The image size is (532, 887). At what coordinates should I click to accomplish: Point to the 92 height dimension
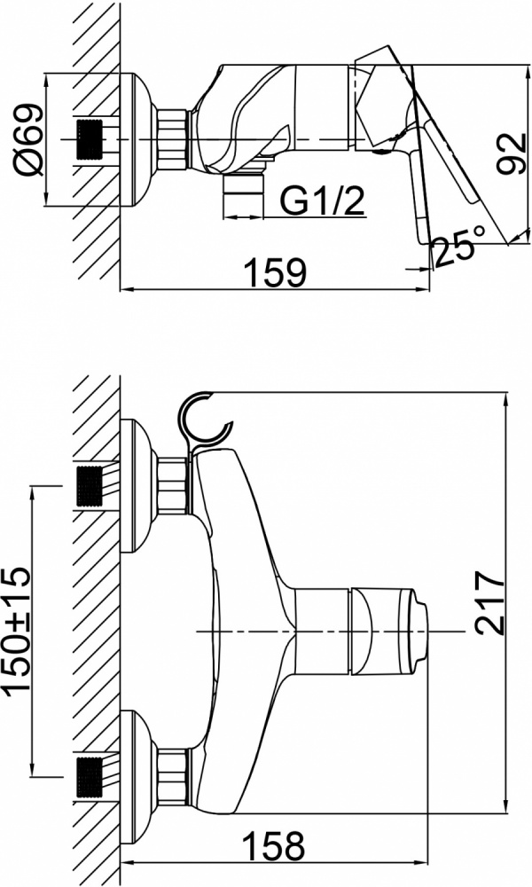tap(511, 153)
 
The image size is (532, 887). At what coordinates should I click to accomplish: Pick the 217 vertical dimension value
tap(489, 602)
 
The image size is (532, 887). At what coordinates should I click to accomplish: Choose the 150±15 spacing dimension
tap(16, 630)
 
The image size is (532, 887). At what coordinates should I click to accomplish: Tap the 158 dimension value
tap(274, 846)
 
